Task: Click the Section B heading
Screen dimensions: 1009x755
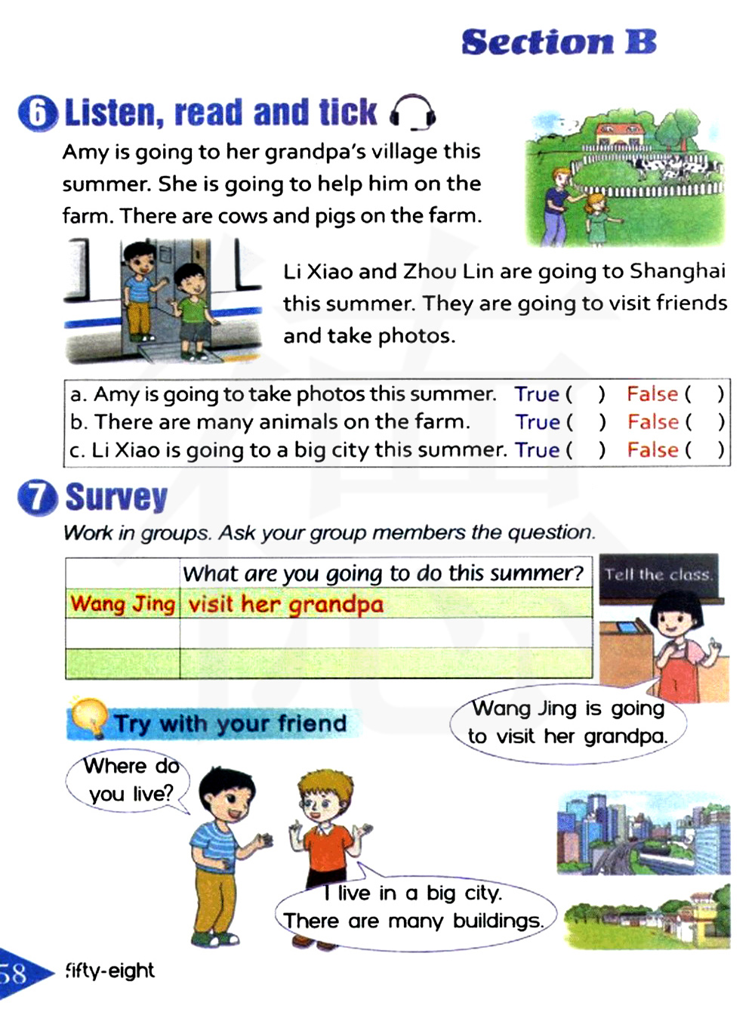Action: (559, 42)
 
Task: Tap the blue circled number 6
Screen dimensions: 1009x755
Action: (37, 114)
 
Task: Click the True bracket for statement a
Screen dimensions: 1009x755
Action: (587, 394)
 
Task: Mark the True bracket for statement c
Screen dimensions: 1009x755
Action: (587, 450)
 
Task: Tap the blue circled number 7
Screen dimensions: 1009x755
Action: (37, 498)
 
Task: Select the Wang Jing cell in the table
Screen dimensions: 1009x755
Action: (122, 604)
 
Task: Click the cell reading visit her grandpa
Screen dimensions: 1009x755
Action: (385, 604)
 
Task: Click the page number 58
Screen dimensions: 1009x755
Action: (15, 973)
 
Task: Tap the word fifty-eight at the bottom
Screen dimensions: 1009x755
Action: (110, 970)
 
